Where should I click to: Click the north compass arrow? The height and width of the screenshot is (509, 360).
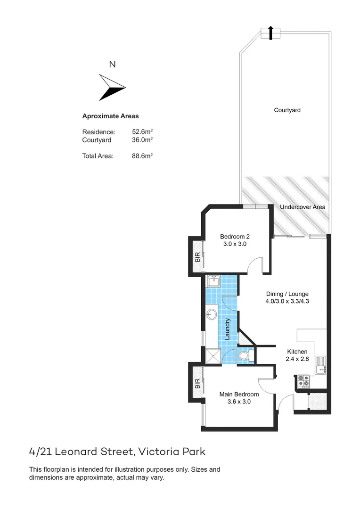click(112, 87)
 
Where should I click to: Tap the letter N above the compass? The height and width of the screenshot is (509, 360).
click(112, 65)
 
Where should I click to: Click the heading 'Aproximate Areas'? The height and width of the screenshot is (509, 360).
click(110, 116)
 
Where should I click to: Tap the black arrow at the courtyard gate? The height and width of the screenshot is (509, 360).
click(270, 33)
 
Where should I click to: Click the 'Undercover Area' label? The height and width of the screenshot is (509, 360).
click(303, 207)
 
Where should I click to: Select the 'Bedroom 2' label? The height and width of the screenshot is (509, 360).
click(235, 237)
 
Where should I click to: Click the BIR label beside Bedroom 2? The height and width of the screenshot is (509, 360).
click(197, 257)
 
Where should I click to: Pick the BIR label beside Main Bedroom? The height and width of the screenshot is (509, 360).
click(197, 384)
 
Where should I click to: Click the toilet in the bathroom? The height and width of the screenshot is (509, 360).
click(245, 356)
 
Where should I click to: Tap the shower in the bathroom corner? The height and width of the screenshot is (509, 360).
click(213, 356)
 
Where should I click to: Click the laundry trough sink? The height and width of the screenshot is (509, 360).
click(213, 282)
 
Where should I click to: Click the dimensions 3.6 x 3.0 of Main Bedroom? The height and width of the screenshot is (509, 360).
click(239, 402)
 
